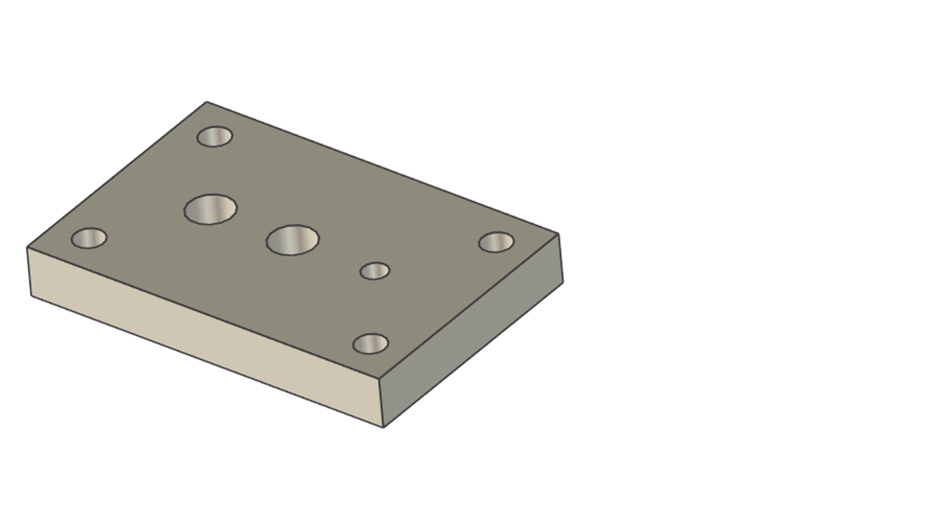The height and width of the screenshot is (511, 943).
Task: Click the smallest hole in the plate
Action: (x=375, y=271)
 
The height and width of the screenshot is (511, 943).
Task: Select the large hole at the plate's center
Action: (x=293, y=240)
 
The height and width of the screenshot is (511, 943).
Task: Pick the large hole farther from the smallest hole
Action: (x=210, y=209)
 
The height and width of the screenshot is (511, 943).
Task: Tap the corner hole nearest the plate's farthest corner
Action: (x=215, y=137)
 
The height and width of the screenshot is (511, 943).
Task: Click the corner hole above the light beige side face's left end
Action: (x=89, y=238)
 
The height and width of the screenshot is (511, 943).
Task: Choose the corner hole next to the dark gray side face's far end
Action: (x=496, y=242)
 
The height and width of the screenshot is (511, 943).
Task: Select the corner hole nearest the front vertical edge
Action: (x=371, y=344)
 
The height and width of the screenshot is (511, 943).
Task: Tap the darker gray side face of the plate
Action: (x=473, y=331)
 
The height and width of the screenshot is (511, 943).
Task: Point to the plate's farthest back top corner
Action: (x=207, y=102)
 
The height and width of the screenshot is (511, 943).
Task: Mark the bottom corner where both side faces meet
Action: (x=384, y=428)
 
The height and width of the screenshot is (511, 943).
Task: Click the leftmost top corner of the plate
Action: (x=27, y=247)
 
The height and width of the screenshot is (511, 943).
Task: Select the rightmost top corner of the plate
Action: (x=559, y=233)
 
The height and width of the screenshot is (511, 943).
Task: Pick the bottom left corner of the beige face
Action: (x=31, y=296)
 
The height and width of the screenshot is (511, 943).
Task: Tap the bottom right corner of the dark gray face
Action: (x=563, y=283)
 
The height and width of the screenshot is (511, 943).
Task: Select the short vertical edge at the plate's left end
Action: (x=29, y=272)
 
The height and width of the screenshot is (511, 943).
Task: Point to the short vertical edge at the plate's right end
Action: (x=561, y=258)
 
